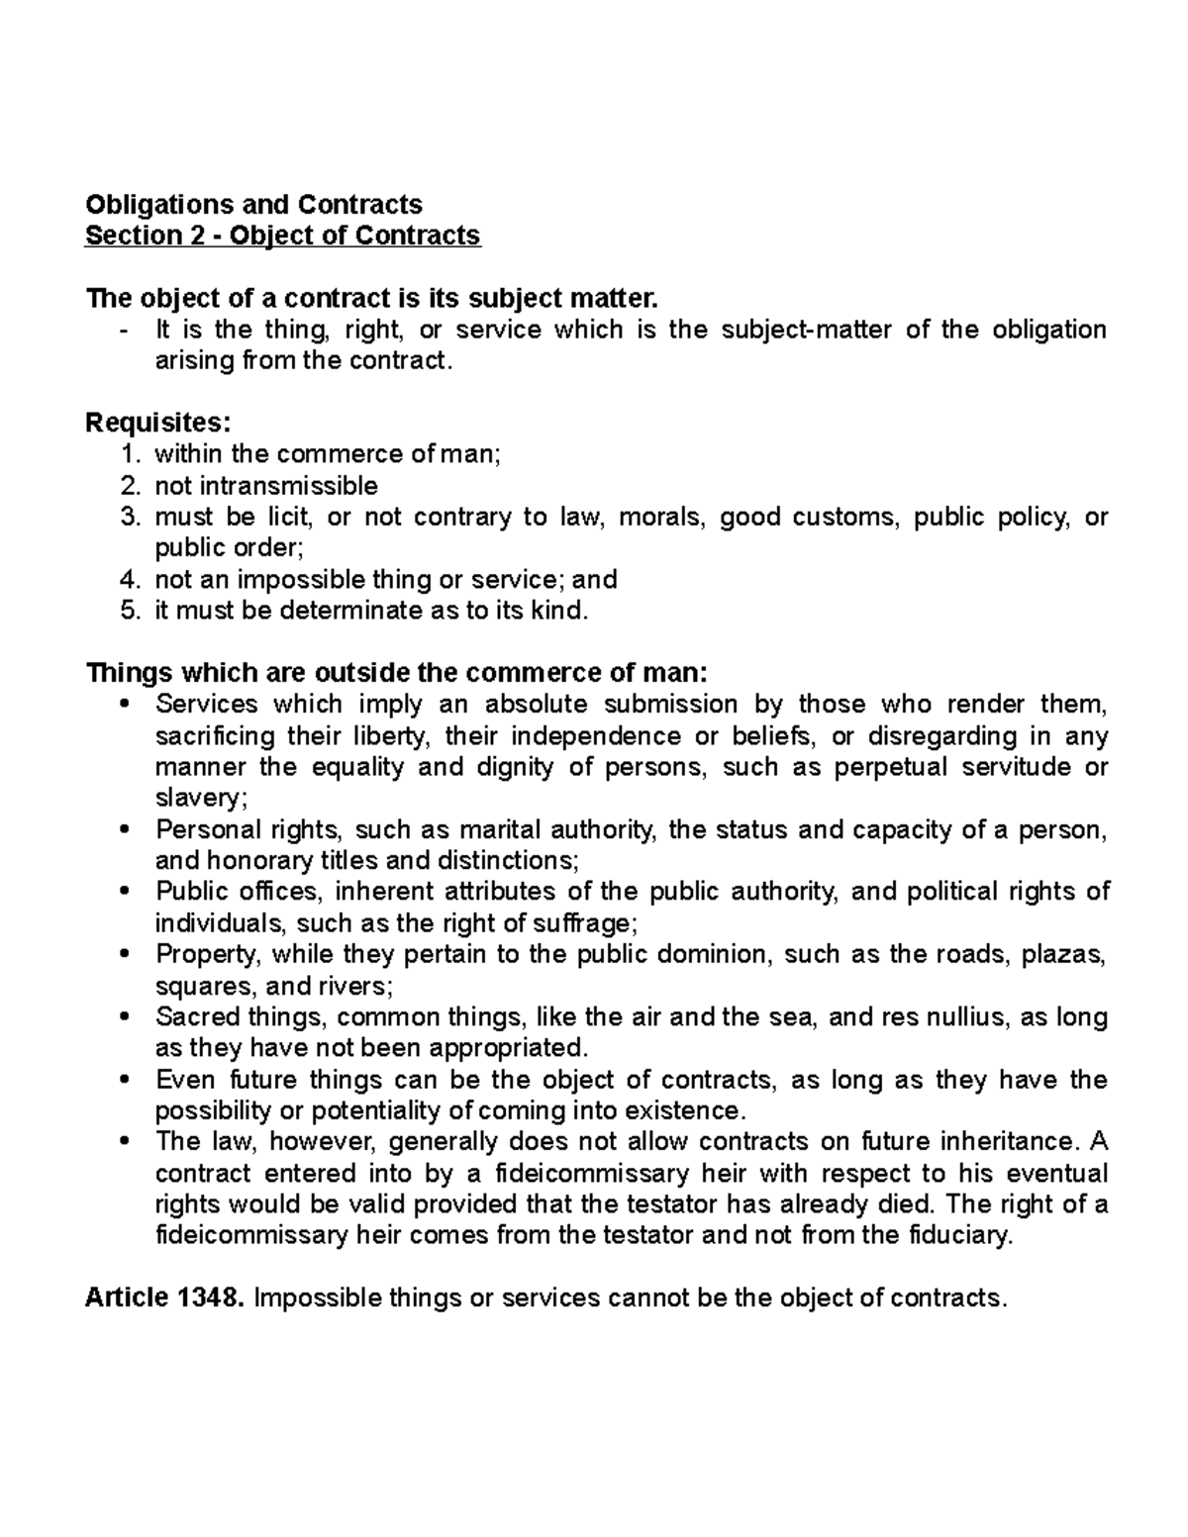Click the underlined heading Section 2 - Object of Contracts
(283, 236)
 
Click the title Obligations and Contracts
(253, 204)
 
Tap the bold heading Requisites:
(158, 423)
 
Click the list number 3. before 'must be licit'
(131, 517)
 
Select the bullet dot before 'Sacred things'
(123, 1016)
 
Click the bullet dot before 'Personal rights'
(123, 829)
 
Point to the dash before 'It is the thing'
(123, 330)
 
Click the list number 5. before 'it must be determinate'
(131, 610)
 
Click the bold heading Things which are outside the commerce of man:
(397, 673)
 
